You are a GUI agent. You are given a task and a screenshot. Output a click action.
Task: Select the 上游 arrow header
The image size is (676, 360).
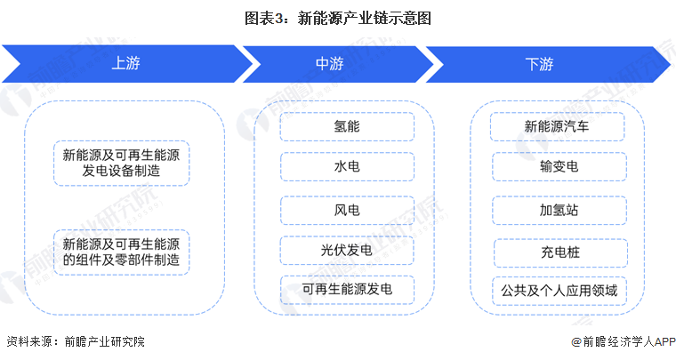pos(125,64)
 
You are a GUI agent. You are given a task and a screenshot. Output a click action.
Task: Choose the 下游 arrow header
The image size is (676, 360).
pos(539,64)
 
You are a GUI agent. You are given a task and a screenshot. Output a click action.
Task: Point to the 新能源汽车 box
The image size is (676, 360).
pos(558,126)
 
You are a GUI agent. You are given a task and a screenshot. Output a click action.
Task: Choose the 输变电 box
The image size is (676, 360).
pos(558,167)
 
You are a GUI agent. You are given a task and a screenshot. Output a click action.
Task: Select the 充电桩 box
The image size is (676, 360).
pos(558,251)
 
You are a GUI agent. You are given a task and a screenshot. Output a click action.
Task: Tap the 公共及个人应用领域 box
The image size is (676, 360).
pos(558,290)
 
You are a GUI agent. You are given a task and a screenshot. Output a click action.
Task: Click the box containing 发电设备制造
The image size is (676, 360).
pos(121,163)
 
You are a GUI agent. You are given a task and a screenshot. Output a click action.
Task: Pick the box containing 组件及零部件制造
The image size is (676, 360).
pos(121,251)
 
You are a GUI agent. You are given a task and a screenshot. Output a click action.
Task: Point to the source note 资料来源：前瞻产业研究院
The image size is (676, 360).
pos(76,341)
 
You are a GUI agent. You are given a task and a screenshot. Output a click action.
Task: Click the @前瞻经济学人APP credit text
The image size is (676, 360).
pos(613,341)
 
